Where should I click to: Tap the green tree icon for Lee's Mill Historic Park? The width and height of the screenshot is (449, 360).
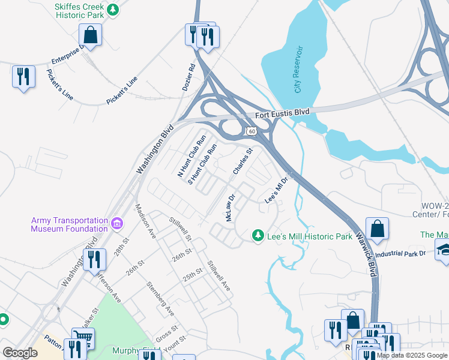click(258, 235)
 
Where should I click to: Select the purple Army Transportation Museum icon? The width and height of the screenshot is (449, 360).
click(117, 224)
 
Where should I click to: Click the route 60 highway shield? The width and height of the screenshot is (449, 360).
click(251, 131)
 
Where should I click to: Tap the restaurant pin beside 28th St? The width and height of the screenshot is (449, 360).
click(94, 260)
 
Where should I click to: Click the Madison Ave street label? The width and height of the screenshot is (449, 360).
click(146, 221)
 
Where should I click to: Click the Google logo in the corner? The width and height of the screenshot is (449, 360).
click(19, 353)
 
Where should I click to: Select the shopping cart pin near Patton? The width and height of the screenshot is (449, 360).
click(83, 338)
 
